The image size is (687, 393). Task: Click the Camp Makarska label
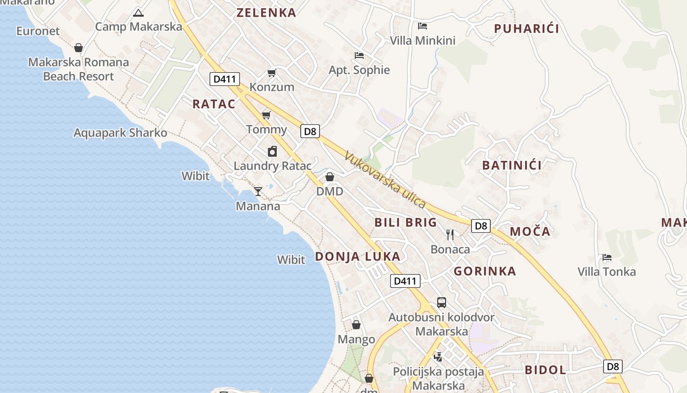click(138, 27)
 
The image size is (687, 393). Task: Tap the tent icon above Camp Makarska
click(138, 13)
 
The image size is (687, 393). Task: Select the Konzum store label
click(272, 87)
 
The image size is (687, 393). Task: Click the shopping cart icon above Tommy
click(266, 115)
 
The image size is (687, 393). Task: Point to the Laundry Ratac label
click(272, 166)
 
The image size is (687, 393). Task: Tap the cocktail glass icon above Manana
click(258, 191)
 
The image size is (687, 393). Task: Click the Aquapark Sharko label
click(120, 133)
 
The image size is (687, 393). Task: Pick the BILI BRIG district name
click(405, 223)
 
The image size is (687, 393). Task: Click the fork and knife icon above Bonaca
click(450, 235)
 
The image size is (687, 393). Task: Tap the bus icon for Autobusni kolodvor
click(442, 303)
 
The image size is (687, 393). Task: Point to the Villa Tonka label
click(607, 272)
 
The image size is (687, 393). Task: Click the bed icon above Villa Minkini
click(423, 26)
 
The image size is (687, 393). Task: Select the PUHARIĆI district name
click(527, 28)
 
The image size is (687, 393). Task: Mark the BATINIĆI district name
click(512, 165)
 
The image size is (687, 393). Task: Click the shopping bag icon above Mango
click(356, 325)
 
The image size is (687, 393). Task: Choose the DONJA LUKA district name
click(357, 256)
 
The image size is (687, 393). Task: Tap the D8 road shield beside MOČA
click(481, 226)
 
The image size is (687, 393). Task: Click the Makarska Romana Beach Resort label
click(79, 69)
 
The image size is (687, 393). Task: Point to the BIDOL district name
click(545, 370)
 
